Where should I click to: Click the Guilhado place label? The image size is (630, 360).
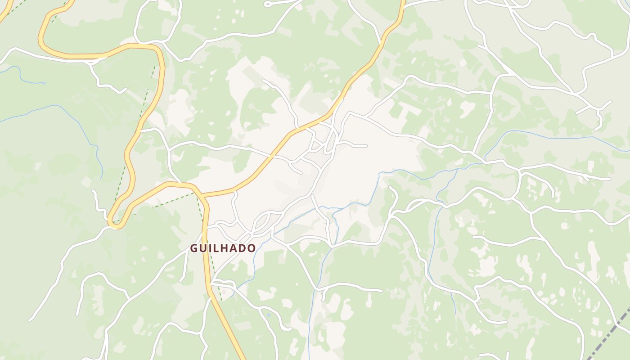[x=223, y=248]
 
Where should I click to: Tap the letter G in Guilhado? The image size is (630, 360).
[x=194, y=248]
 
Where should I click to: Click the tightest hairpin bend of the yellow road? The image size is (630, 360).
[x=113, y=223]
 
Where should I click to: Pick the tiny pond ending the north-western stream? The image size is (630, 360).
[x=44, y=83]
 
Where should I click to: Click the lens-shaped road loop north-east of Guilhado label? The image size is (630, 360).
[x=261, y=223]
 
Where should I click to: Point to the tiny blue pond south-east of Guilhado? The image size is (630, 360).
[x=269, y=315]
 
